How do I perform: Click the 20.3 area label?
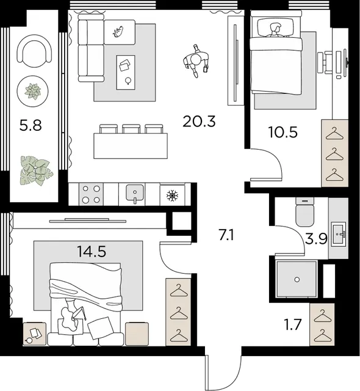pyautogui.click(x=199, y=122)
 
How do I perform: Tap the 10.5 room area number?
pyautogui.click(x=283, y=132)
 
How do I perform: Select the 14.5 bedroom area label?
pyautogui.click(x=92, y=251)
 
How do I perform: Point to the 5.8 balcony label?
pyautogui.click(x=31, y=125)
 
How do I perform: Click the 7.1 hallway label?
pyautogui.click(x=226, y=235)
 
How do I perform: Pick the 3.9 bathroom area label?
pyautogui.click(x=316, y=239)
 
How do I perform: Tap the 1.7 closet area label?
pyautogui.click(x=293, y=324)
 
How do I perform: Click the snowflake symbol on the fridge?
pyautogui.click(x=172, y=195)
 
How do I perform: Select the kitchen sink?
pyautogui.click(x=135, y=193)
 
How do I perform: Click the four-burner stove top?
pyautogui.click(x=91, y=194)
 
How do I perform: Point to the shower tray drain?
pyautogui.click(x=297, y=280)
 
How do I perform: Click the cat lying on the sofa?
pyautogui.click(x=118, y=31)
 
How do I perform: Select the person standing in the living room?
pyautogui.click(x=196, y=61)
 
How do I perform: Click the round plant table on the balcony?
pyautogui.click(x=32, y=91)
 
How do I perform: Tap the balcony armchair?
pyautogui.click(x=35, y=51)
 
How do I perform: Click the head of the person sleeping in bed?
pyautogui.click(x=275, y=27)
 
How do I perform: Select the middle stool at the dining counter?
pyautogui.click(x=131, y=129)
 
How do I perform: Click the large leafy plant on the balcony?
pyautogui.click(x=36, y=171)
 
